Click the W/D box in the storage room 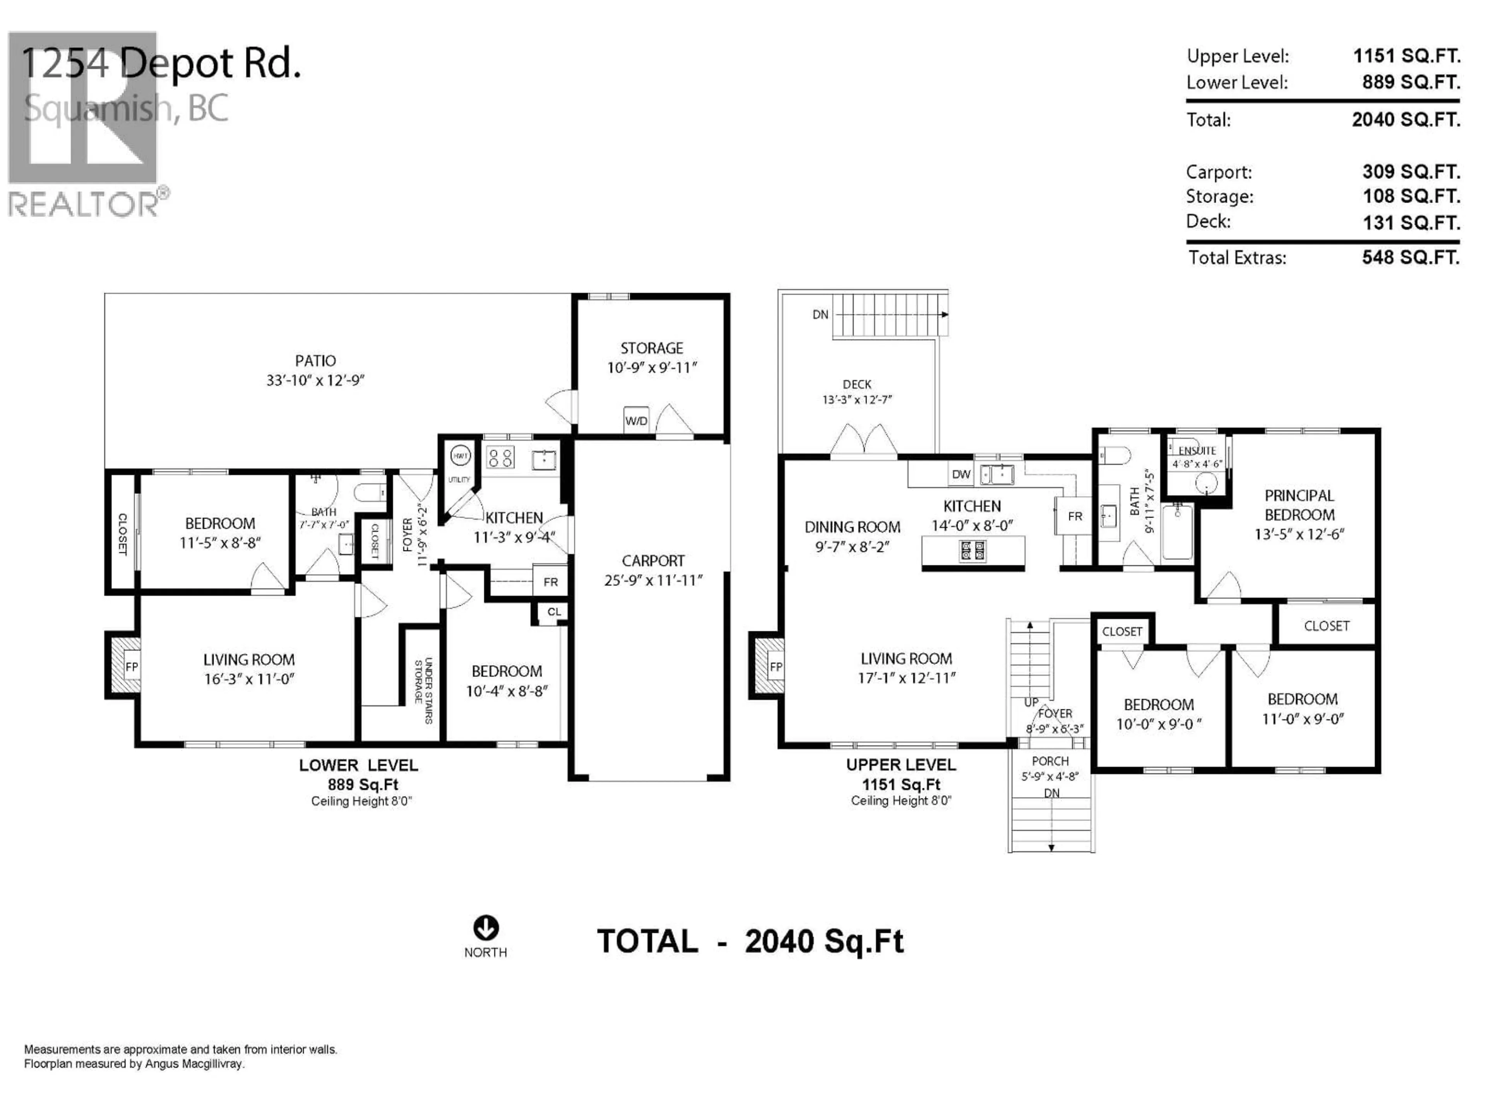coord(635,420)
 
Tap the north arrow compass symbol coord(486,928)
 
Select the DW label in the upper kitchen coord(960,475)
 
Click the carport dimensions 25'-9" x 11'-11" coord(653,580)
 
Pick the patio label coord(315,361)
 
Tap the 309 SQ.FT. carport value coord(1411,172)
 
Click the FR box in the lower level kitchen coord(550,582)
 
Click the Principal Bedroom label coord(1299,505)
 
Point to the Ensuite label coord(1197,450)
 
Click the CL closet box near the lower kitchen coord(553,612)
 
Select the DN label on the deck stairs coord(820,314)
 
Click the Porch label coord(1050,761)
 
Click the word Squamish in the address coord(98,109)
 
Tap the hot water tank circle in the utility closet coord(460,456)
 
